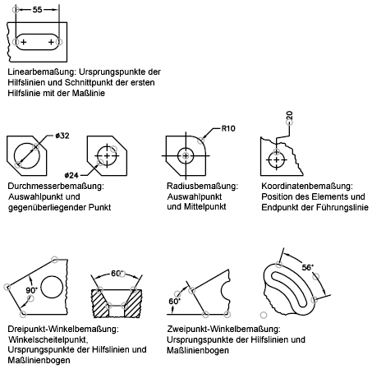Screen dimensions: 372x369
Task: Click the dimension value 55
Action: (37, 10)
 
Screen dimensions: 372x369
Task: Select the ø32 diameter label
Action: (62, 136)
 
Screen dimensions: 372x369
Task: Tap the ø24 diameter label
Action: (71, 175)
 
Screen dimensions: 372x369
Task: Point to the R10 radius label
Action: (228, 128)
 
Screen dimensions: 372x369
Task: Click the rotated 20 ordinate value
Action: (289, 115)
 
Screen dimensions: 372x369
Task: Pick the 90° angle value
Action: (32, 290)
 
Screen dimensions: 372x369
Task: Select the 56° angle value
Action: (308, 267)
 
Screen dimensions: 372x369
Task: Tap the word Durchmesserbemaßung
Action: (56, 187)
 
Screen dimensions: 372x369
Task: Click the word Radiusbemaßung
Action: (203, 187)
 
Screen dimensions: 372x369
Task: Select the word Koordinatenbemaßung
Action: (307, 187)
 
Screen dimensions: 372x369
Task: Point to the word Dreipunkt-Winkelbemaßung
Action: (63, 329)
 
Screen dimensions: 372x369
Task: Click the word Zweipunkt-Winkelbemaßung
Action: (223, 329)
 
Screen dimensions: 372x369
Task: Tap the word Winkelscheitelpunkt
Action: (48, 339)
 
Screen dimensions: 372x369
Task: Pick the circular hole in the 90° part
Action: (52, 288)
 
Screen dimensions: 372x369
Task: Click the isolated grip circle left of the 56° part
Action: (264, 316)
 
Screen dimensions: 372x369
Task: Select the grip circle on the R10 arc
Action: (201, 141)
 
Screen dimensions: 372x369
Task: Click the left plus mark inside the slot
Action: (24, 42)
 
